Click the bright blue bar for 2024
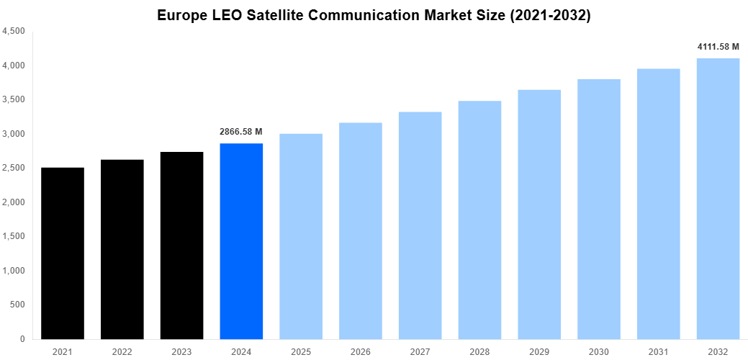pyautogui.click(x=241, y=241)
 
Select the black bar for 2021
pyautogui.click(x=63, y=253)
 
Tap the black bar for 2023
pyautogui.click(x=181, y=246)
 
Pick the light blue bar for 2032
pyautogui.click(x=718, y=199)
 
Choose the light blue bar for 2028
pyautogui.click(x=479, y=220)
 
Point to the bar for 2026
pyautogui.click(x=361, y=230)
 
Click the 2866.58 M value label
pyautogui.click(x=241, y=132)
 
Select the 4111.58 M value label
pyautogui.click(x=718, y=47)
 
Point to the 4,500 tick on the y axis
pyautogui.click(x=14, y=32)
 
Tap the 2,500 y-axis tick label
pyautogui.click(x=14, y=168)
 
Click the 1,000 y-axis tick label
pyautogui.click(x=14, y=271)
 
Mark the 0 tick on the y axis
pyautogui.click(x=22, y=339)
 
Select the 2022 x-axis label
pyautogui.click(x=122, y=351)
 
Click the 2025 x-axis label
pyautogui.click(x=301, y=351)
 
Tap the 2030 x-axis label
pyautogui.click(x=598, y=351)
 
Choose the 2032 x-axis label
pyautogui.click(x=718, y=351)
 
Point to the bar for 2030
pyautogui.click(x=598, y=209)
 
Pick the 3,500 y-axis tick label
pyautogui.click(x=14, y=100)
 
